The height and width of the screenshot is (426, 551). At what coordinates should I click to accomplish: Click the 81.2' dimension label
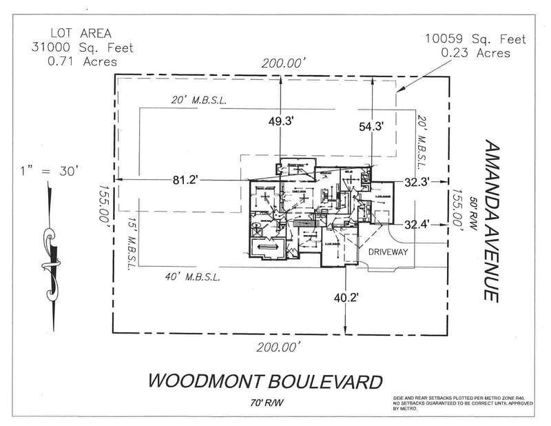185,180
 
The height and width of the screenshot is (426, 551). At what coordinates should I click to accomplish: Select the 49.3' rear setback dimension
281,121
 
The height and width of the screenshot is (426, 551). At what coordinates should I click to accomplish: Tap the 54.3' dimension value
371,126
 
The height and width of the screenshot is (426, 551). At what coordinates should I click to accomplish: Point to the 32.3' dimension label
417,183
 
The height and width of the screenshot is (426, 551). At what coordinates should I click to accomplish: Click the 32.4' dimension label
417,224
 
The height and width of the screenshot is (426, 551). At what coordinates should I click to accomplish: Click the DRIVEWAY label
388,252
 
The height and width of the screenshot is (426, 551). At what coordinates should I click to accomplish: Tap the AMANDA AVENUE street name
491,220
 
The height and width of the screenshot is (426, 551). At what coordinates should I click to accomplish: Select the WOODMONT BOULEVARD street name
265,381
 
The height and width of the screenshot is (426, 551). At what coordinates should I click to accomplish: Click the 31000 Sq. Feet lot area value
82,48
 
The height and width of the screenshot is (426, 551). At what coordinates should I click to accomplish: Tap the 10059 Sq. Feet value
475,39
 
